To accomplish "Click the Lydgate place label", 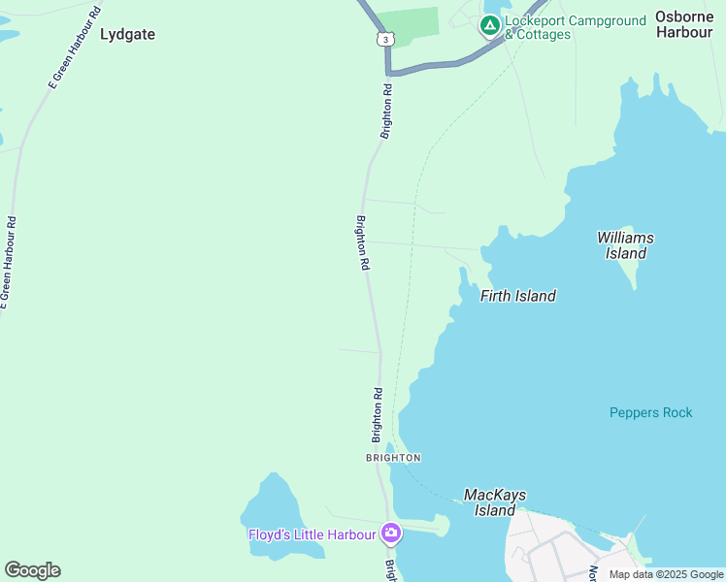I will (127, 34).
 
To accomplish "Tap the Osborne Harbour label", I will (683, 24).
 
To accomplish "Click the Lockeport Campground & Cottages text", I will (575, 27).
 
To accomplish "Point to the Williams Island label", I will (625, 245).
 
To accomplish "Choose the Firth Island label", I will (518, 296).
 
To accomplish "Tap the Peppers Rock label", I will (650, 412).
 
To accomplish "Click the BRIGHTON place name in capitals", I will (393, 457).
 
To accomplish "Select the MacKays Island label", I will (495, 502).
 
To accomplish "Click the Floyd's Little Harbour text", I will (312, 533).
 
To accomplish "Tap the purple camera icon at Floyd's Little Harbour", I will (391, 533).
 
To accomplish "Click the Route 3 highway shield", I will (386, 38).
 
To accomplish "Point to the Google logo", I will (32, 570).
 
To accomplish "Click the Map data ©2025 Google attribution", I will (666, 574).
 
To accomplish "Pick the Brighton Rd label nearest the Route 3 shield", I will (386, 112).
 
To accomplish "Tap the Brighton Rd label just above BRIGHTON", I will (378, 415).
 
